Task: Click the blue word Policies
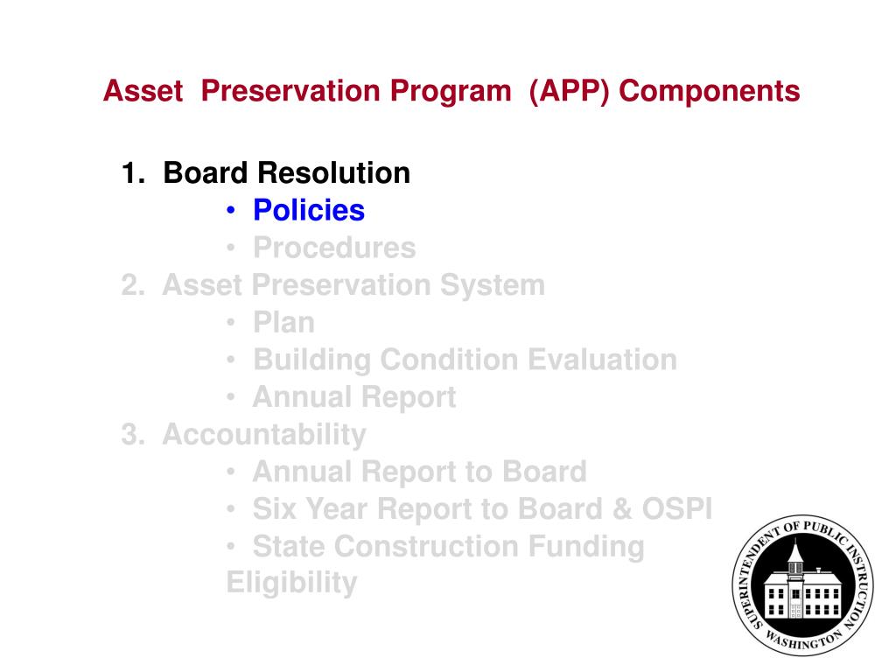pyautogui.click(x=308, y=211)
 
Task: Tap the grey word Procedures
pyautogui.click(x=334, y=248)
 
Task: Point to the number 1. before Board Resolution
pyautogui.click(x=133, y=173)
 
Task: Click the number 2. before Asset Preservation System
pyautogui.click(x=133, y=285)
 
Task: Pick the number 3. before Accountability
pyautogui.click(x=133, y=434)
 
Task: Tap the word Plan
pyautogui.click(x=283, y=323)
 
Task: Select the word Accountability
pyautogui.click(x=264, y=434)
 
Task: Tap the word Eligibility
pyautogui.click(x=291, y=583)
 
